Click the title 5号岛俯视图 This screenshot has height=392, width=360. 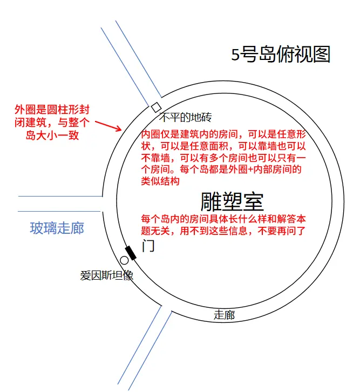coord(281,54)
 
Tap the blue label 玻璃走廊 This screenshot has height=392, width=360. coord(57,228)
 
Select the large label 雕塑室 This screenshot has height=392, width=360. coord(232,202)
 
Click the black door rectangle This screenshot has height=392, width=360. coord(131,253)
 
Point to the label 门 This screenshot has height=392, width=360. coord(148,246)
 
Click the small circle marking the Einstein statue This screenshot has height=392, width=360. coord(124,260)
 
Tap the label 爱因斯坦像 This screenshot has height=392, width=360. coord(107,275)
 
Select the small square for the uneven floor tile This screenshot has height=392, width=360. coord(157,107)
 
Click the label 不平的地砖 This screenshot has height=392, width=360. coord(185,117)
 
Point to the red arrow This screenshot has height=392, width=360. coord(108,126)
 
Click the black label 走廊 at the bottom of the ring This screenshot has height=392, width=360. coord(224,315)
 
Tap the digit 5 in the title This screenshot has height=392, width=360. coord(235,55)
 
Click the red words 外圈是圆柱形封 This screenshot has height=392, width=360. coord(52,110)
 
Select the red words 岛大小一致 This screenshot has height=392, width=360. coord(52,136)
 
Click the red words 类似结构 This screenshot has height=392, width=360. coord(160,181)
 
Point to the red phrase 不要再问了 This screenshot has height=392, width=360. coord(282,231)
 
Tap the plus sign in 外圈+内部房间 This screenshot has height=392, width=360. coord(250,170)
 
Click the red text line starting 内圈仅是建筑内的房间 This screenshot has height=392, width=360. coord(223,134)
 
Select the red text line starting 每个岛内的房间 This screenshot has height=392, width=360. coord(223,219)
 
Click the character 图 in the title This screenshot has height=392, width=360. coord(322,54)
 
